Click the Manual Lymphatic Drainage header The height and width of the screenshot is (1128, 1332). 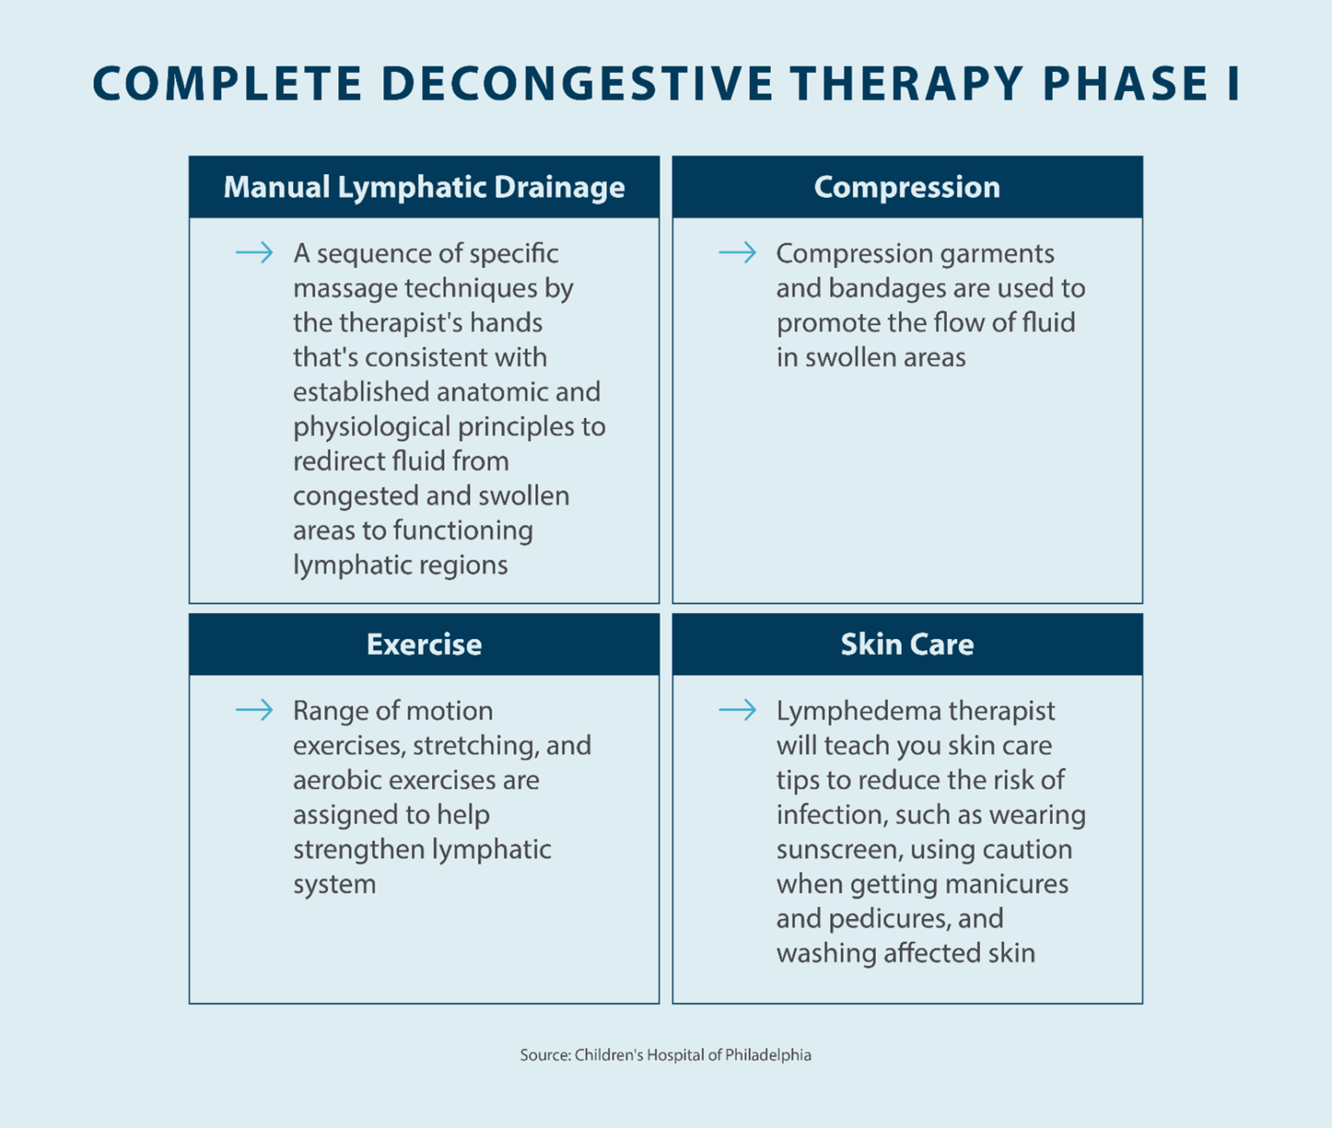[x=424, y=187]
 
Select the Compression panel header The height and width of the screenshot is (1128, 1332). [x=907, y=187]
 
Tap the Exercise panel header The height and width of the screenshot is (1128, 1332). [x=424, y=644]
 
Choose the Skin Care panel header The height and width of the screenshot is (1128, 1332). [x=907, y=644]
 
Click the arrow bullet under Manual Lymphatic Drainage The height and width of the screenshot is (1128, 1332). [x=254, y=253]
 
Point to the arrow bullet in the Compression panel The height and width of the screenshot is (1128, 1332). [x=737, y=253]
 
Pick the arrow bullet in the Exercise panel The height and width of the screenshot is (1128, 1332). [x=254, y=711]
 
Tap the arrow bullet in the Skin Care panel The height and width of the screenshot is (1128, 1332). [x=737, y=711]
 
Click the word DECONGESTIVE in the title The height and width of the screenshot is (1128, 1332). [x=577, y=84]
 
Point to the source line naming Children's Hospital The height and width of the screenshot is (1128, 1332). [x=665, y=1055]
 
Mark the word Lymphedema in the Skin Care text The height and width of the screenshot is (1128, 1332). [x=846, y=711]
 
